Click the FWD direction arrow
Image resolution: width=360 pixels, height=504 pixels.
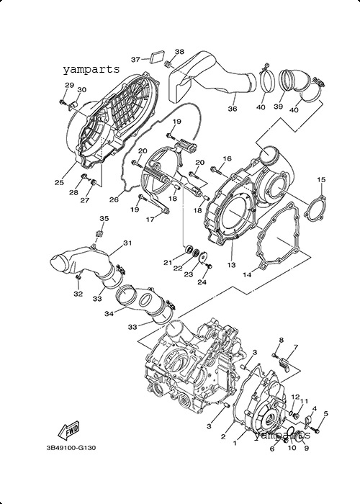click(68, 430)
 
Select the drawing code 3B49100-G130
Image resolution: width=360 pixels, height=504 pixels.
click(71, 448)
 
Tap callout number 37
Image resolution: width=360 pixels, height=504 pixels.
click(135, 60)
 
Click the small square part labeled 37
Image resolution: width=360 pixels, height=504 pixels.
click(158, 56)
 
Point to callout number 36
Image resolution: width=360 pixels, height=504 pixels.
click(233, 109)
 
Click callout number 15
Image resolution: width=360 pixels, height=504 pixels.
click(321, 179)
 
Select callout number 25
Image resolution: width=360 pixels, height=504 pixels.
click(59, 182)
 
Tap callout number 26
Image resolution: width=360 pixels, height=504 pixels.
click(114, 199)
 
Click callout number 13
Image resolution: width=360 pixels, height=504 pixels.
click(231, 265)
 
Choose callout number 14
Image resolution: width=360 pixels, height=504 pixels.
click(247, 275)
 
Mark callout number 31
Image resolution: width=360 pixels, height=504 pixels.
click(127, 243)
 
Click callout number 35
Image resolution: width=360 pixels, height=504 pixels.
click(104, 219)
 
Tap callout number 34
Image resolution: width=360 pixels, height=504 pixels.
click(109, 313)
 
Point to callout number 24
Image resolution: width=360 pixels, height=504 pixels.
click(202, 282)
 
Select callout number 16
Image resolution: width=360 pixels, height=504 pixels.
click(227, 158)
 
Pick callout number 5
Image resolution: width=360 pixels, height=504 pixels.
click(325, 413)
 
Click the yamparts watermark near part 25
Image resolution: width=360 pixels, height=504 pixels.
click(91, 69)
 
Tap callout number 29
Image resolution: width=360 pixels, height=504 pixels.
click(69, 85)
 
